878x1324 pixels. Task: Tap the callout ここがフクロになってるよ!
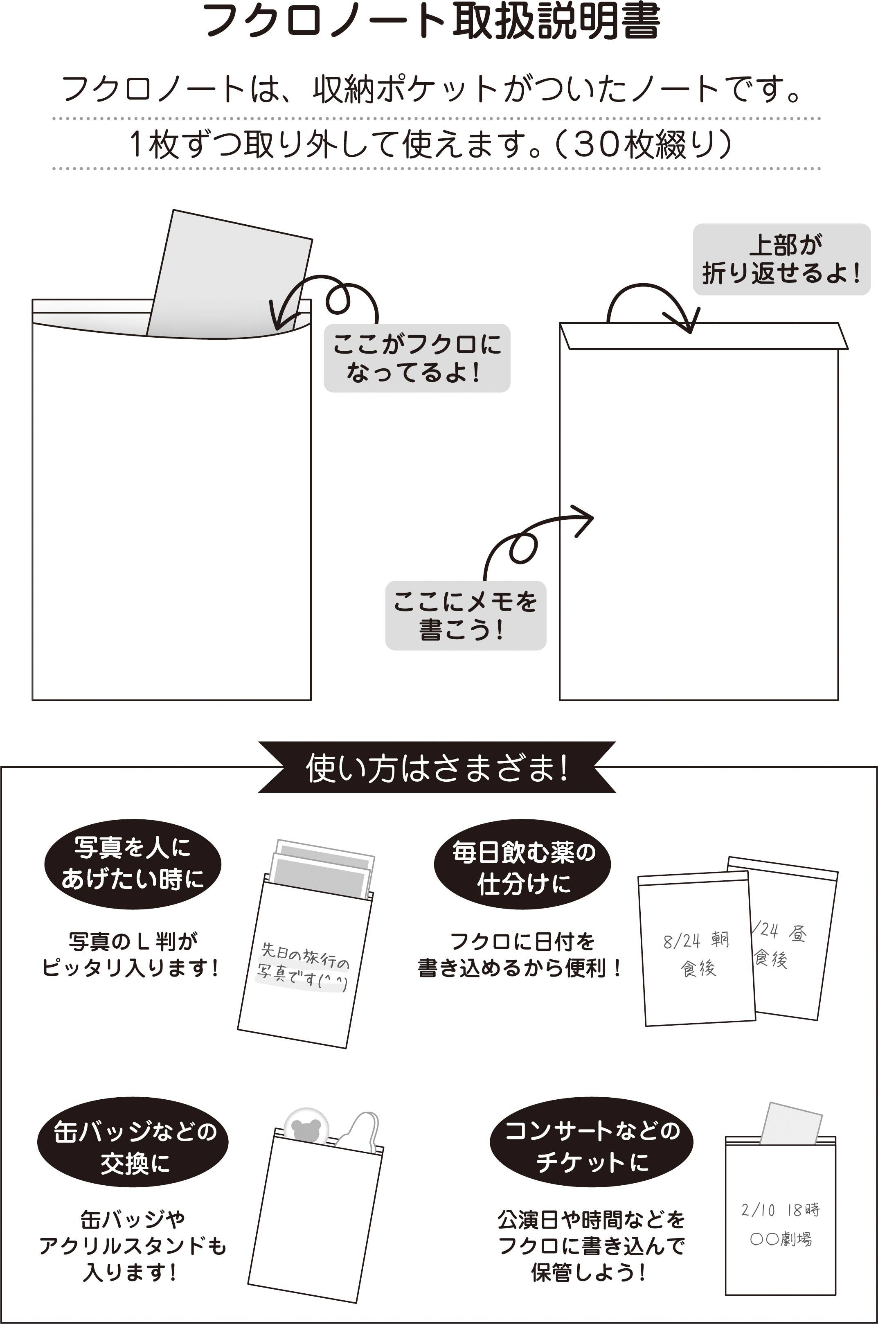coord(417,358)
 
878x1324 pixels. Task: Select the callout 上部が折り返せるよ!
coord(782,259)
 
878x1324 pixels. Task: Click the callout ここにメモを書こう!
coord(465,616)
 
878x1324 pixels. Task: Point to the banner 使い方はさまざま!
coord(437,767)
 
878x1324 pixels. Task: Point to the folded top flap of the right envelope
coord(704,336)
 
